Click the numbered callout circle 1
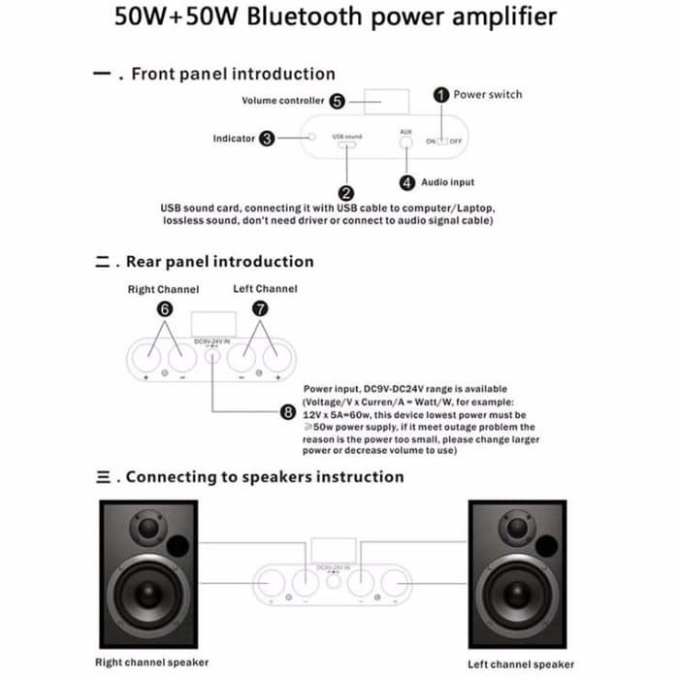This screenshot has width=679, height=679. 440,95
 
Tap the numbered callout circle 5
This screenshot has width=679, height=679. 337,101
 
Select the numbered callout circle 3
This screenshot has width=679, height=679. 267,139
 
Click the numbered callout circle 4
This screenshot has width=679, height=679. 407,182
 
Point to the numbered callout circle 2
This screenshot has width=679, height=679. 346,193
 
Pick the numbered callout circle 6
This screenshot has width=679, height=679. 165,309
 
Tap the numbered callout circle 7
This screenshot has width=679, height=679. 260,309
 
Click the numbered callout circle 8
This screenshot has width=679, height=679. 287,412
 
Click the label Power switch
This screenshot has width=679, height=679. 487,95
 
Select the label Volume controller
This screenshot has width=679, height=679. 282,101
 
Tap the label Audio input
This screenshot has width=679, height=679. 447,182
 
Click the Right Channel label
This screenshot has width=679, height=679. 163,289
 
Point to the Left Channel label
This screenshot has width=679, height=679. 265,288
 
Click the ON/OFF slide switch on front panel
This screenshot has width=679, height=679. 445,142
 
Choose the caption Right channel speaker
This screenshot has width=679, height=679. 151,663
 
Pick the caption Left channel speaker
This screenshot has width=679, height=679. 521,663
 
